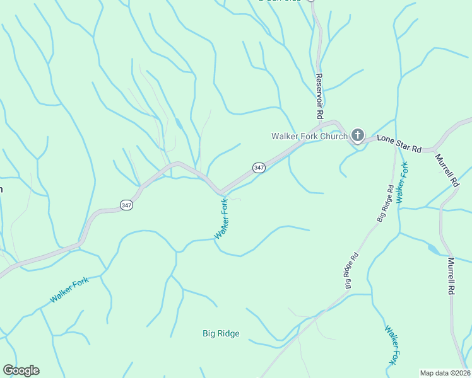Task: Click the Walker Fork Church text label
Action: tap(309, 136)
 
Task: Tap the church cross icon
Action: tap(358, 134)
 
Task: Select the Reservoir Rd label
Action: tap(319, 96)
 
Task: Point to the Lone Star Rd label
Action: tap(399, 143)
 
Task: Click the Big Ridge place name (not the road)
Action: tap(221, 333)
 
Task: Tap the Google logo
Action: tap(21, 370)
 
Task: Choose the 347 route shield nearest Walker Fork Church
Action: tap(259, 168)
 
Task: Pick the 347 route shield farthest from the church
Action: tap(126, 205)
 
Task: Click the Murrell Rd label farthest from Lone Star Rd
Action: tap(452, 275)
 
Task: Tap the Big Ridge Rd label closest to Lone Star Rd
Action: tap(386, 203)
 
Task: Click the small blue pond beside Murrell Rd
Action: tap(434, 249)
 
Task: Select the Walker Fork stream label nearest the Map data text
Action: tap(392, 345)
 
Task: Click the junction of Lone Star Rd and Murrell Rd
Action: tap(435, 151)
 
